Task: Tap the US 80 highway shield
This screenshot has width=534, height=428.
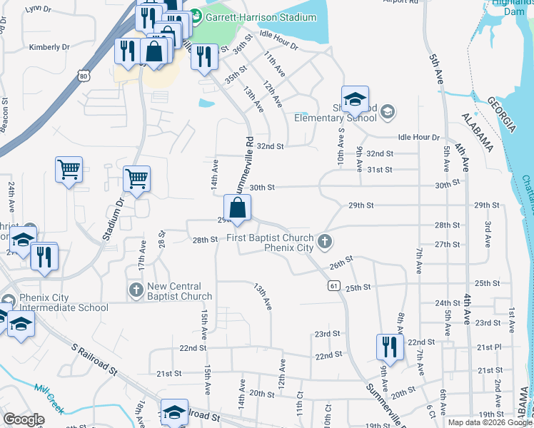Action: click(85, 76)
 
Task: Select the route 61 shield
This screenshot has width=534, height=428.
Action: click(333, 285)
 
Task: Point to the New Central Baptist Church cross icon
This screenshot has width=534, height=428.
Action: click(136, 290)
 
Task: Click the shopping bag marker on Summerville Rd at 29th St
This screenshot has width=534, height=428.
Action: click(238, 208)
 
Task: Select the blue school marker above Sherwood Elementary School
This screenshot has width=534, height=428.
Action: click(354, 100)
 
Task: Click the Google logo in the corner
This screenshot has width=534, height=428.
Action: click(24, 419)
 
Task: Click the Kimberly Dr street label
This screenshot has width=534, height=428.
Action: click(49, 47)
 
